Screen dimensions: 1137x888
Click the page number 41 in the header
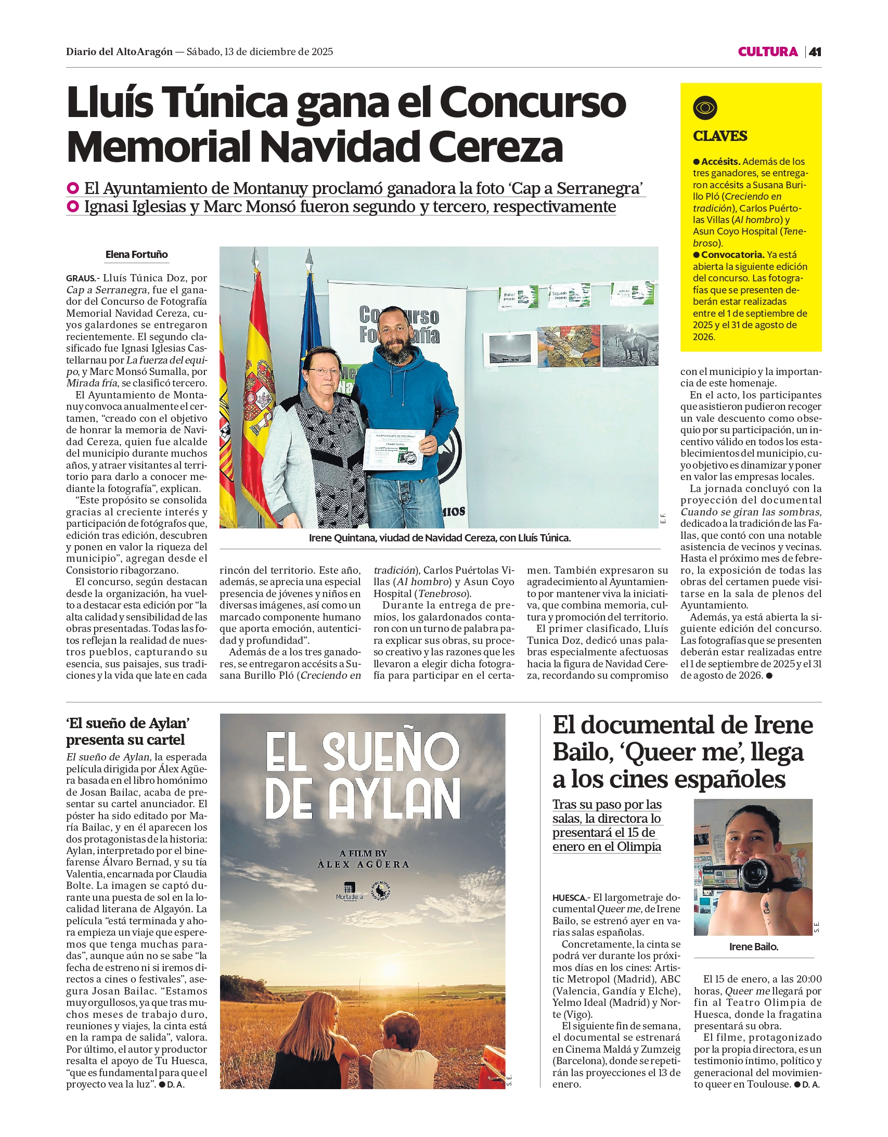click(815, 51)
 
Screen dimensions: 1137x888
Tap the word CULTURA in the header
click(767, 51)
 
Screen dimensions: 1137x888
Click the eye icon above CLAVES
click(705, 108)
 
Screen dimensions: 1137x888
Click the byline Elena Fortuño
click(136, 254)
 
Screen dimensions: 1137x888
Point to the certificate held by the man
click(394, 449)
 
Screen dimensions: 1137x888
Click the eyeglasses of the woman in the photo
click(323, 371)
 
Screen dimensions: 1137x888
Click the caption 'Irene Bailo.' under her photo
click(753, 947)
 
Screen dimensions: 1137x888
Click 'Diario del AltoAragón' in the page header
click(119, 51)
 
